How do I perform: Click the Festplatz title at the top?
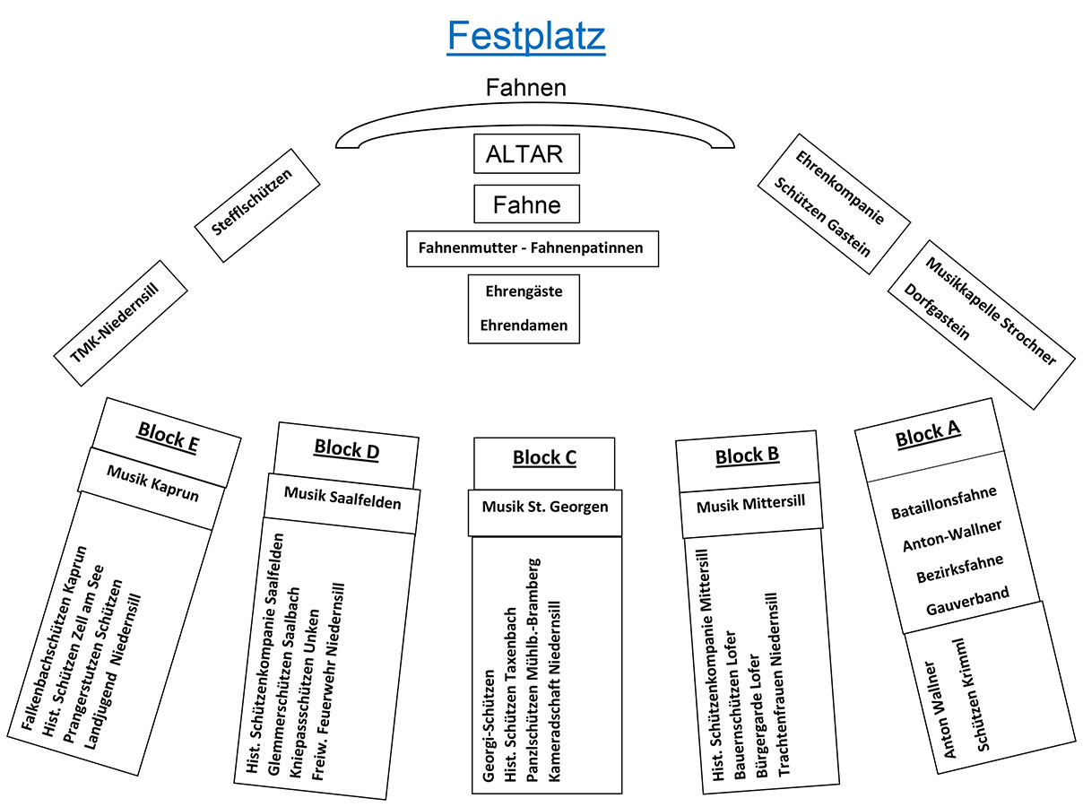[526, 37]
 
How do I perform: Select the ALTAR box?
[526, 153]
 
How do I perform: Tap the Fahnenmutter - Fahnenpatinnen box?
[532, 247]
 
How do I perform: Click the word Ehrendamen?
[524, 325]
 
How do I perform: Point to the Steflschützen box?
[257, 204]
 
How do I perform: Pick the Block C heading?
[544, 458]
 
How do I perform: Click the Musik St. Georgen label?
[545, 507]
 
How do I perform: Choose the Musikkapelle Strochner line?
[991, 310]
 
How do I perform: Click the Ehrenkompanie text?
[840, 187]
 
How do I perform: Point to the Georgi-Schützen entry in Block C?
[489, 725]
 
